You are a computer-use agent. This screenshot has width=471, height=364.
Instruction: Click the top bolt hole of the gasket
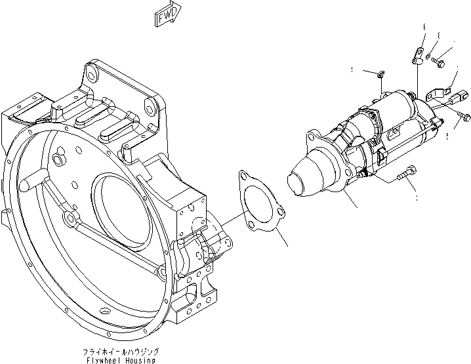pyautogui.click(x=245, y=176)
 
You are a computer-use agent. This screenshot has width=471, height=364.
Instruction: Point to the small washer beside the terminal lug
pyautogui.click(x=429, y=58)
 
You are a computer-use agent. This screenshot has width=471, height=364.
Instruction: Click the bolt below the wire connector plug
pyautogui.click(x=464, y=117)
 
